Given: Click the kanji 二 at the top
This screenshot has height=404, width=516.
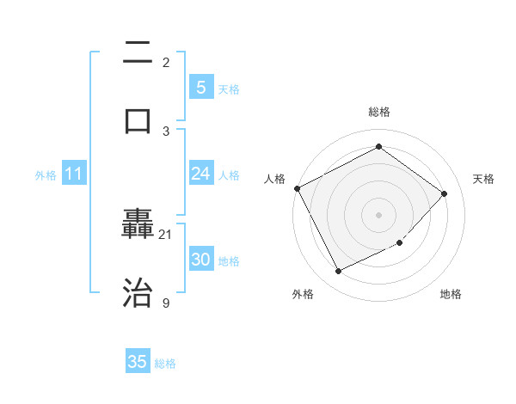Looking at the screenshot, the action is (138, 52).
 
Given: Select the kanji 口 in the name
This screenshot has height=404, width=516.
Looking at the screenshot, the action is (138, 120).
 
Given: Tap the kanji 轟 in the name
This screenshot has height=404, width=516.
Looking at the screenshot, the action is (138, 226).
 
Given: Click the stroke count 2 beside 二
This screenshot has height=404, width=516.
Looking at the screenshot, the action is (166, 62).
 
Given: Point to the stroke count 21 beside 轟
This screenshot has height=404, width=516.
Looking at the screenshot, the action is (166, 234).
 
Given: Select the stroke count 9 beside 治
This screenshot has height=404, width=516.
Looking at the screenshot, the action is (166, 303).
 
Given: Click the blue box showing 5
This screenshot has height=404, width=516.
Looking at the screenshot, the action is (200, 88).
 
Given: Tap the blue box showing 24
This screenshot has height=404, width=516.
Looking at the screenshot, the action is (200, 174).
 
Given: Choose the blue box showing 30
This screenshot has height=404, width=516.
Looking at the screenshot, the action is (200, 260).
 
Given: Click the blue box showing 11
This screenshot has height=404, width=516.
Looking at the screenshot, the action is (73, 174).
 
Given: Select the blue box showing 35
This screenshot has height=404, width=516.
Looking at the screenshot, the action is (138, 362).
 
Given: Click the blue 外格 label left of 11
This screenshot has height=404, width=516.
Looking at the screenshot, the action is (46, 175).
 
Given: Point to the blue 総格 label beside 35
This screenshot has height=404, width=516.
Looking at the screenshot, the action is (165, 364).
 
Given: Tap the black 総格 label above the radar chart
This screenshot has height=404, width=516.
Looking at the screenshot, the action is (378, 112).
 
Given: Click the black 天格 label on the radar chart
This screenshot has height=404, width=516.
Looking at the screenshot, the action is (484, 179).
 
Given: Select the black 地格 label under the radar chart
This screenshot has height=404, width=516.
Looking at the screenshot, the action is (451, 294).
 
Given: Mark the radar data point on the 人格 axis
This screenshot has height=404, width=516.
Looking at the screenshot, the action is (297, 188).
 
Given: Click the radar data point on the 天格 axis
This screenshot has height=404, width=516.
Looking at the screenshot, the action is (444, 193).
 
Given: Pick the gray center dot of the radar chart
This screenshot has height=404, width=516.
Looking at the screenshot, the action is (378, 215).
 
